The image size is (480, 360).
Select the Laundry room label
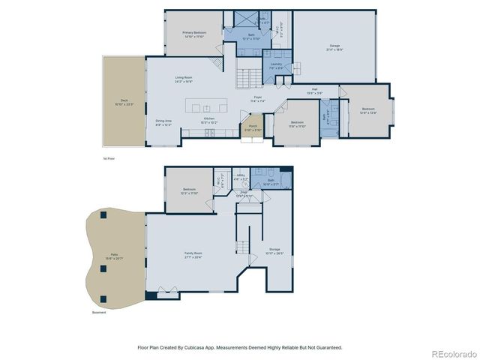click(276, 64)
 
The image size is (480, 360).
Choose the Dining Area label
click(163, 121)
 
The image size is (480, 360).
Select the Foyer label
click(257, 97)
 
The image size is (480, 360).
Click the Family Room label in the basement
click(193, 253)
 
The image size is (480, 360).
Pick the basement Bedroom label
click(189, 189)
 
